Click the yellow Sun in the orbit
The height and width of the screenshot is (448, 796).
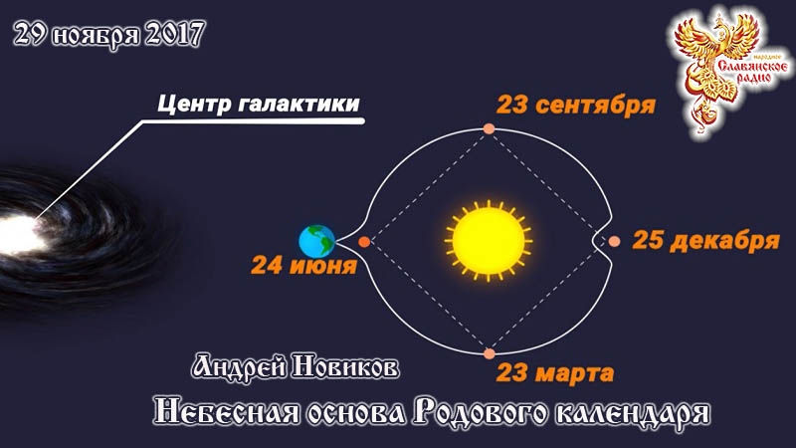click(488, 239)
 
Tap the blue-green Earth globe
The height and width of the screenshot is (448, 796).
click(317, 240)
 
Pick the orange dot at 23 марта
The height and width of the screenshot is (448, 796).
click(489, 352)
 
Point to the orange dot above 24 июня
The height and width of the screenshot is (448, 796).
click(364, 241)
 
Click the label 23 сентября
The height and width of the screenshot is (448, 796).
click(576, 106)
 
